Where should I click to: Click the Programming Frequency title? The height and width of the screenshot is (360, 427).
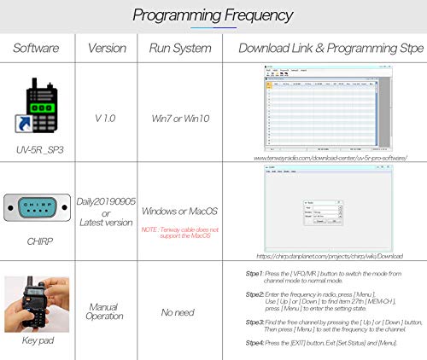click(213, 15)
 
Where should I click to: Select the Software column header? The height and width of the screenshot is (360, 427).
click(36, 48)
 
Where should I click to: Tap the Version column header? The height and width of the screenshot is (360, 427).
click(106, 48)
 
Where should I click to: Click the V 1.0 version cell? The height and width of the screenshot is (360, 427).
click(106, 112)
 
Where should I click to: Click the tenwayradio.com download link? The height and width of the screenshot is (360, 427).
click(324, 157)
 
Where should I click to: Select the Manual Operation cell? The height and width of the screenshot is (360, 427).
click(106, 311)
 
